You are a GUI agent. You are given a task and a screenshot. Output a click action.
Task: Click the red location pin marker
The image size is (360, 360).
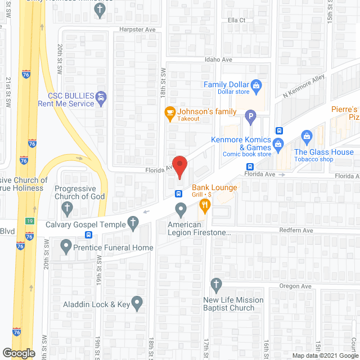tap(179, 167)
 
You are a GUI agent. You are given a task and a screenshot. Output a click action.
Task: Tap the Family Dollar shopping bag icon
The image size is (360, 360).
tap(256, 85)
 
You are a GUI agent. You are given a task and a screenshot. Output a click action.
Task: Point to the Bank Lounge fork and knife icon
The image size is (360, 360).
tap(204, 207)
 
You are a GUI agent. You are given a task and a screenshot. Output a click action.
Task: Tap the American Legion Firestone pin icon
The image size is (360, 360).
tap(181, 211)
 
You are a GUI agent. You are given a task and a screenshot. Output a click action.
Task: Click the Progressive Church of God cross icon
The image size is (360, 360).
tap(66, 209)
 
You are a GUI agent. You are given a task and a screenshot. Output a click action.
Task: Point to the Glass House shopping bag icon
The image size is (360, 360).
tap(307, 135)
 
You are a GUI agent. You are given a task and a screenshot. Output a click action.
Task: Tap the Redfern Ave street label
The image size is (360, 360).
tap(296, 231)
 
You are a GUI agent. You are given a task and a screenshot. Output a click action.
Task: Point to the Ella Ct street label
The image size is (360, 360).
tap(236, 20)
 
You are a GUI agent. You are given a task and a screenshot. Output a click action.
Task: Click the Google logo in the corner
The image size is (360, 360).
tap(19, 353)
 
